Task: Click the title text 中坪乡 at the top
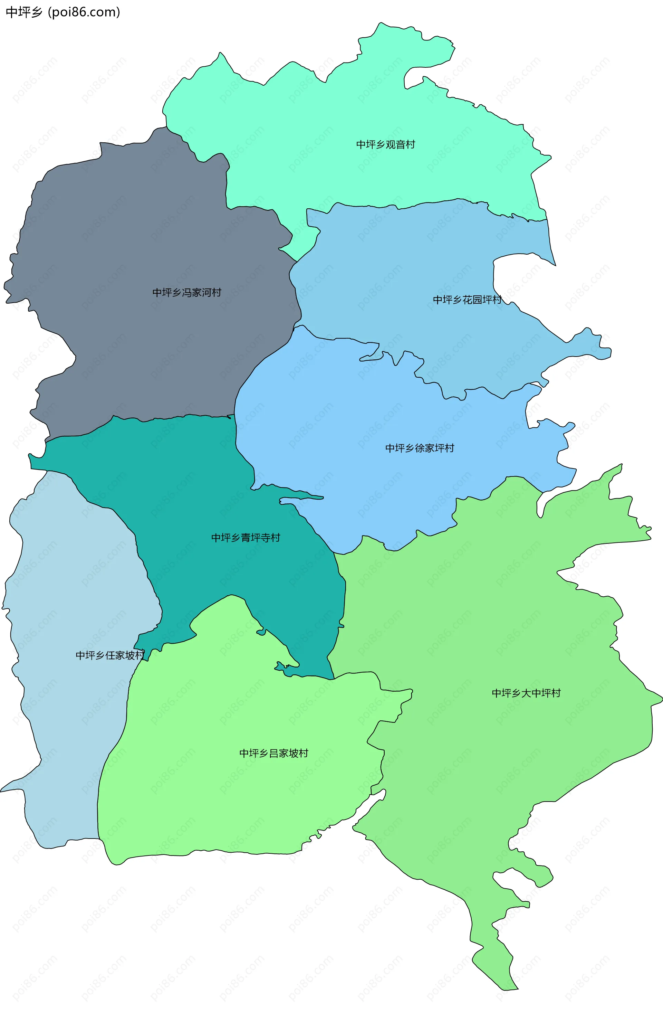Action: click(x=24, y=12)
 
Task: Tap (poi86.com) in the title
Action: click(x=84, y=12)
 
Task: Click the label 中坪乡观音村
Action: click(x=385, y=145)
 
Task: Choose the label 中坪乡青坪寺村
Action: click(x=246, y=538)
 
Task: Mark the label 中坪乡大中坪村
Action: click(x=526, y=693)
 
